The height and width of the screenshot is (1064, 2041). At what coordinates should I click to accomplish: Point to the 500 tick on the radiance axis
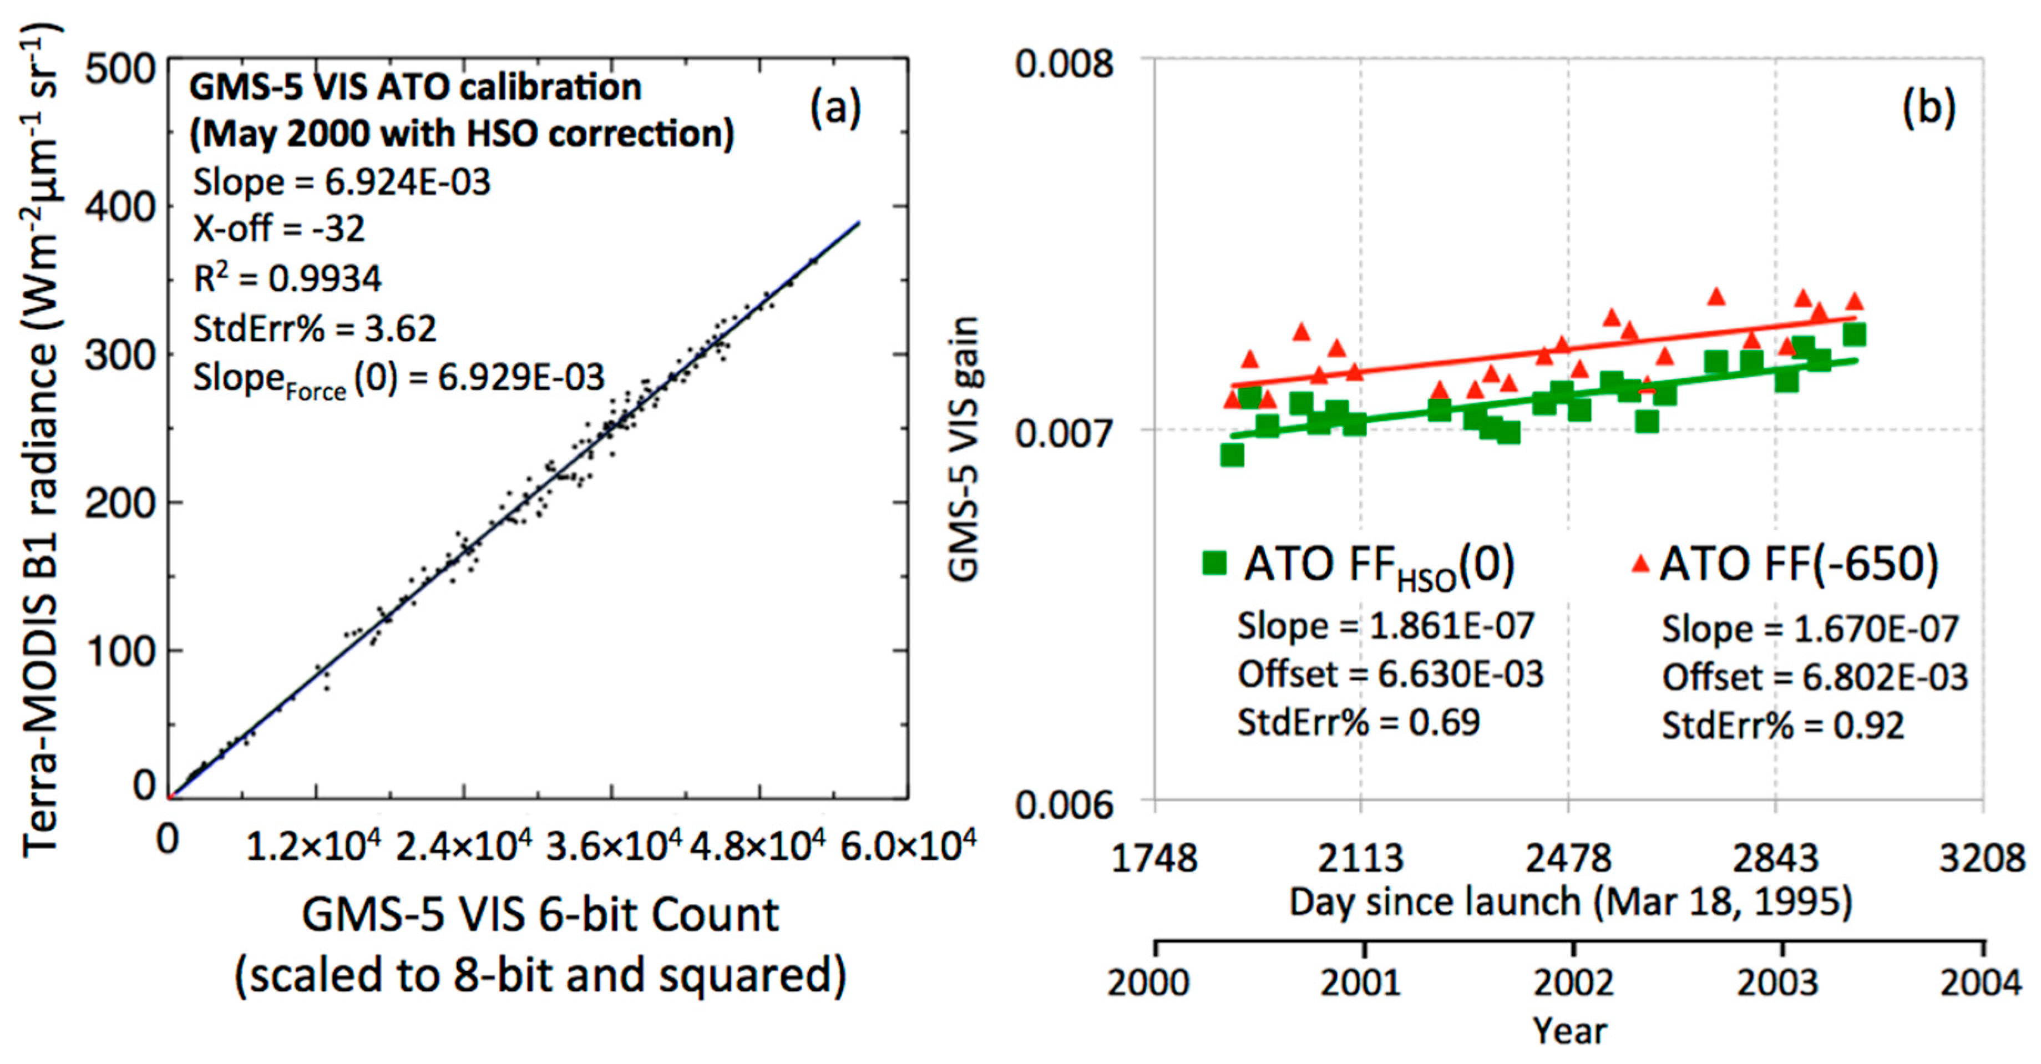[x=120, y=70]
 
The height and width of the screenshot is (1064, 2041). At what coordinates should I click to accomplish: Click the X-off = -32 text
[x=279, y=229]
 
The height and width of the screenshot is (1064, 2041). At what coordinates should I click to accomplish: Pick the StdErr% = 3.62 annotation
[x=315, y=328]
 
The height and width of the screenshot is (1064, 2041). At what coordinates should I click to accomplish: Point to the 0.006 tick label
[x=1064, y=804]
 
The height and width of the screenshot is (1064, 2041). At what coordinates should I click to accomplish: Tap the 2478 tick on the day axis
[x=1568, y=858]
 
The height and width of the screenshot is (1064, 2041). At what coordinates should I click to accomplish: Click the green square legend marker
[x=1214, y=563]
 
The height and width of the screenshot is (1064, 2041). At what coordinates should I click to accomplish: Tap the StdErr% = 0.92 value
[x=1782, y=726]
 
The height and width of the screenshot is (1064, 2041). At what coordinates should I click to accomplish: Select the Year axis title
[x=1569, y=1031]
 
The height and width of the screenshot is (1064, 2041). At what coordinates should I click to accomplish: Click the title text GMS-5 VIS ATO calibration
[x=415, y=87]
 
